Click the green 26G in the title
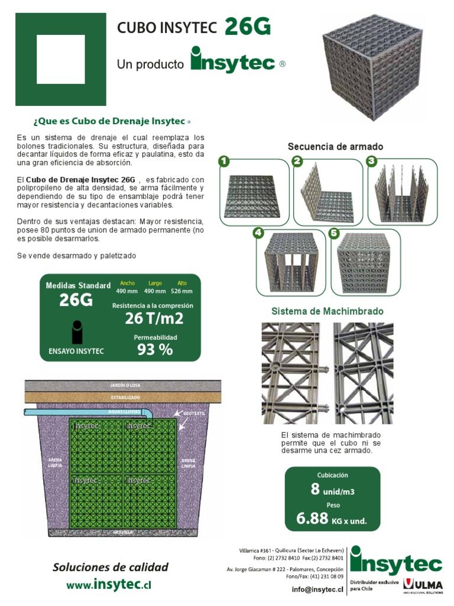coord(247,27)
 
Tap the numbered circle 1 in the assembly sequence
coord(223,161)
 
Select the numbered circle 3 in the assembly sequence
coord(371,161)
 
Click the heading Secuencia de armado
coord(335,146)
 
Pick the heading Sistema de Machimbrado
coord(327,311)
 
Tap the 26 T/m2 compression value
coord(154,319)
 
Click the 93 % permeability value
coord(155,350)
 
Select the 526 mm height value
coord(182,291)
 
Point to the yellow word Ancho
coord(127,283)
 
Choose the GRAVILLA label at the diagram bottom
coord(124,533)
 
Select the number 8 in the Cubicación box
coord(315,489)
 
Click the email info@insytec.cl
coord(317,589)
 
